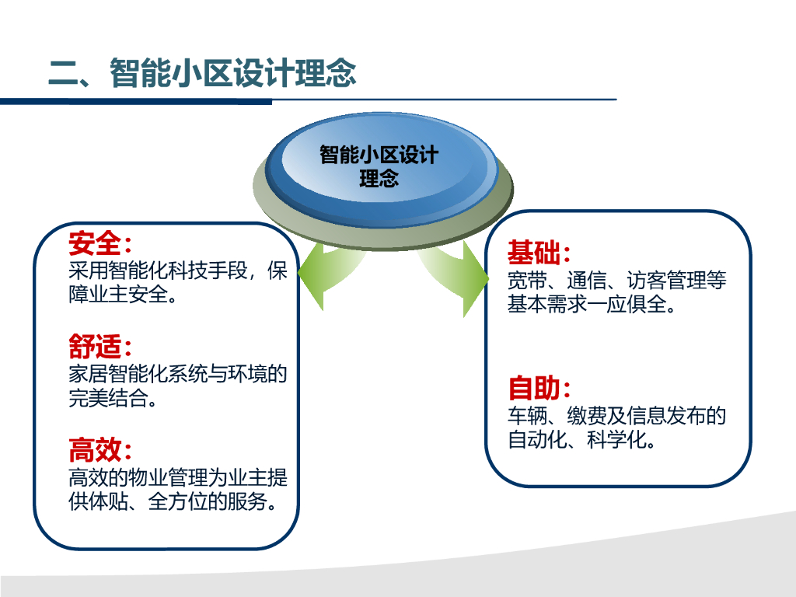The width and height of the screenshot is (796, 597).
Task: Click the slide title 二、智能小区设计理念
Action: pos(202,74)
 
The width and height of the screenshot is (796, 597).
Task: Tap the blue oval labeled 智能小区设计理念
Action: pos(379,166)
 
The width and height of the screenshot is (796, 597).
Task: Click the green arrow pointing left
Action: pos(326,276)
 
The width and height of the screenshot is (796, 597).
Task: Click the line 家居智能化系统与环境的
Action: pos(178,375)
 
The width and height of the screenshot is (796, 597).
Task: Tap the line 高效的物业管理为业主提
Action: pos(178,477)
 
